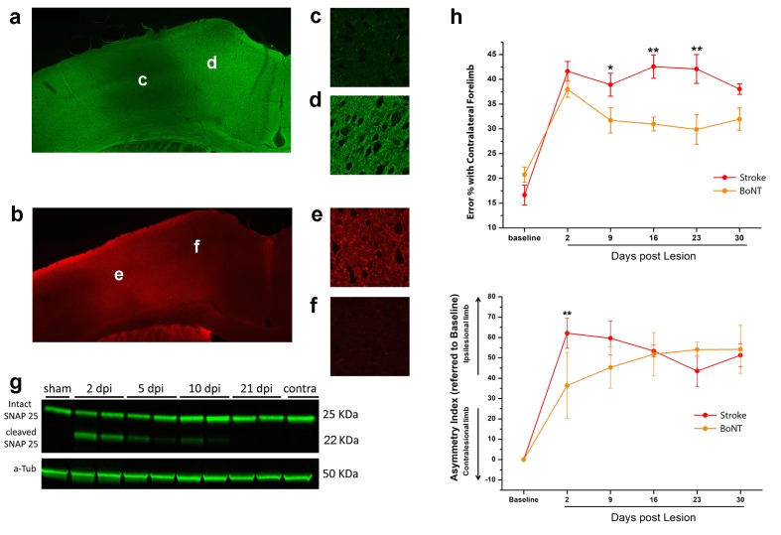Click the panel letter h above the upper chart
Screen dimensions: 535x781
pyautogui.click(x=456, y=17)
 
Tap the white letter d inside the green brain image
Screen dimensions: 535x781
pyautogui.click(x=211, y=64)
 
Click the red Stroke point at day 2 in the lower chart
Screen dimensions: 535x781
pyautogui.click(x=566, y=333)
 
